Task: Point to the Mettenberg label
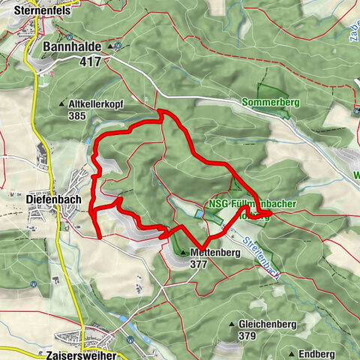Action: [214, 252]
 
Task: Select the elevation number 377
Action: [199, 264]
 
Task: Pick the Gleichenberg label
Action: [266, 324]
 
